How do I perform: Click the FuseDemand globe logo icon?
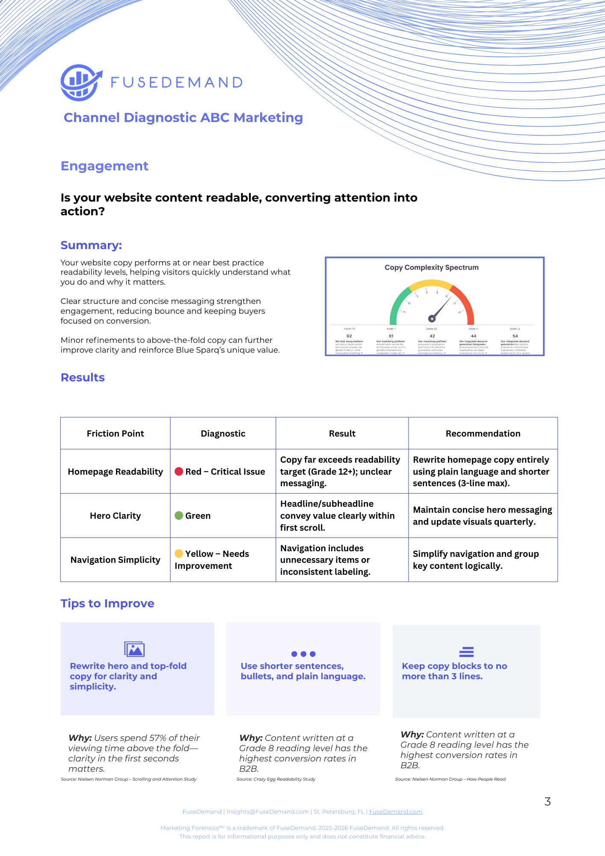click(80, 83)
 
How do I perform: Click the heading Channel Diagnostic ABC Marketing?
click(183, 118)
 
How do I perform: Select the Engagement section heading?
click(104, 166)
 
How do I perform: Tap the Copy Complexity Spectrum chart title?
click(431, 267)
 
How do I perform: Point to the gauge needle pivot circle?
click(432, 318)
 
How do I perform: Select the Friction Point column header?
click(115, 434)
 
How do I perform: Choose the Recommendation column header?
click(483, 434)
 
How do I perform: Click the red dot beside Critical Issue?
click(179, 472)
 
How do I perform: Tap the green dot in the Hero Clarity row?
click(179, 516)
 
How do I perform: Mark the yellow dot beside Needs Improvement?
click(179, 554)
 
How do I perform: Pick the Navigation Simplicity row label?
click(115, 560)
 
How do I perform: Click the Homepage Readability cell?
click(115, 472)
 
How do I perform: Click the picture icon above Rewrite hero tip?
click(134, 649)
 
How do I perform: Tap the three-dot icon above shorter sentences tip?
click(303, 654)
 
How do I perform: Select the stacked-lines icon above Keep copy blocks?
click(466, 652)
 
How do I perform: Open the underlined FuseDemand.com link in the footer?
click(396, 812)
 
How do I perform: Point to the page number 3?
click(548, 802)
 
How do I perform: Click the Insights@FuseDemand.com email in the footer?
click(267, 812)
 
